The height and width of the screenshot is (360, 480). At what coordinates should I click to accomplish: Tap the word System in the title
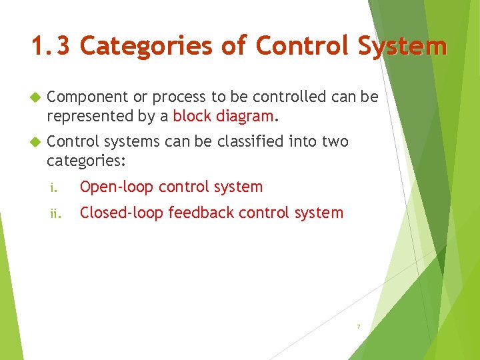click(402, 46)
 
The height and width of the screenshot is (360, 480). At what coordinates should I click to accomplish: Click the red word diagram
click(243, 116)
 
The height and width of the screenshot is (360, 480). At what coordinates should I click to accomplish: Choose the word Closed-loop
click(121, 213)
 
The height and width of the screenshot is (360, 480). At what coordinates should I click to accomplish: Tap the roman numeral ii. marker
click(55, 214)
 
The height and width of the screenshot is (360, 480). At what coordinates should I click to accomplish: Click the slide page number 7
click(358, 327)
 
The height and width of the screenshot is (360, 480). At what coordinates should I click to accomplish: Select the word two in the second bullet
click(335, 141)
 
